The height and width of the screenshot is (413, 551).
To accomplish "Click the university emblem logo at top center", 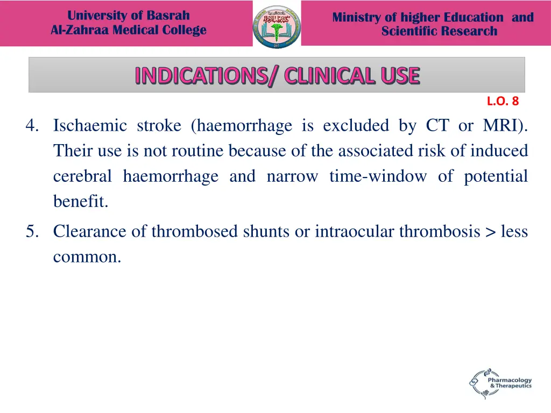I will point(277,25).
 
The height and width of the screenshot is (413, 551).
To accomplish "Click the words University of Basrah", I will point(129,16).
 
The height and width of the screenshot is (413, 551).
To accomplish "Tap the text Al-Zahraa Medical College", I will point(129,30).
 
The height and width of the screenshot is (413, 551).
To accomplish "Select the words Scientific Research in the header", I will point(439,31).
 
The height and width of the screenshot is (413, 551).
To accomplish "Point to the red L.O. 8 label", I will point(503,101).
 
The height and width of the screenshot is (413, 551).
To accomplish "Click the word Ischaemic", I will point(90,126).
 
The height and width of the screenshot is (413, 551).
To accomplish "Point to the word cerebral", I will point(82,176).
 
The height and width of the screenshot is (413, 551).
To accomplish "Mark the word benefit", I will point(81,202).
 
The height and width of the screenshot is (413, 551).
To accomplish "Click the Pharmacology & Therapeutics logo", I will point(500,383).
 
